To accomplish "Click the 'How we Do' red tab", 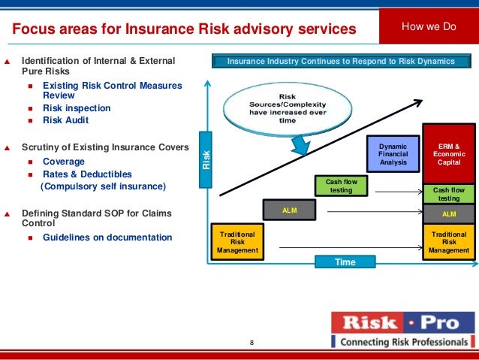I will pyautogui.click(x=429, y=27).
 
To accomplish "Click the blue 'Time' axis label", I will pyautogui.click(x=345, y=262).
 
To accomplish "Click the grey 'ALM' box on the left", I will pyautogui.click(x=290, y=211).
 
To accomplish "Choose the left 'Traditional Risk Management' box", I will pyautogui.click(x=236, y=241).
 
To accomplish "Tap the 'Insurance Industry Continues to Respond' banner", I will pyautogui.click(x=341, y=61).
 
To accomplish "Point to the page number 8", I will pyautogui.click(x=252, y=343).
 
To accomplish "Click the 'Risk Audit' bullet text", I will pyautogui.click(x=65, y=120).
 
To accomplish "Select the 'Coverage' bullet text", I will pyautogui.click(x=64, y=162).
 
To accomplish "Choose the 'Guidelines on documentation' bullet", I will pyautogui.click(x=107, y=237).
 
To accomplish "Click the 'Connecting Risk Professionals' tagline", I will pyautogui.click(x=403, y=342).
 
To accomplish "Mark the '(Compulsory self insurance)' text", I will pyautogui.click(x=103, y=186).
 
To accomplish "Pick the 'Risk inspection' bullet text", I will pyautogui.click(x=77, y=108).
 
